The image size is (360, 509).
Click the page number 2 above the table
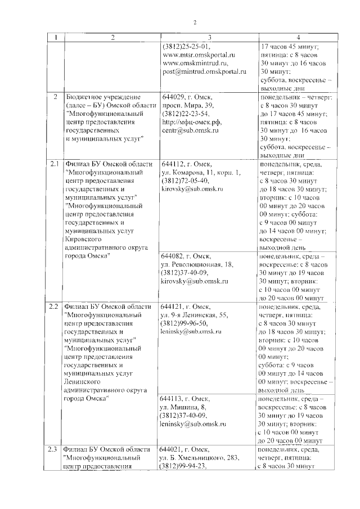click(x=195, y=22)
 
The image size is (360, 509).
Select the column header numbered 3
click(x=209, y=38)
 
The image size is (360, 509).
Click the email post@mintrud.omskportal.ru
click(x=203, y=72)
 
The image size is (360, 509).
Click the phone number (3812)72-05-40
click(x=185, y=181)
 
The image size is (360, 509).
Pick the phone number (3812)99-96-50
click(x=185, y=323)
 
